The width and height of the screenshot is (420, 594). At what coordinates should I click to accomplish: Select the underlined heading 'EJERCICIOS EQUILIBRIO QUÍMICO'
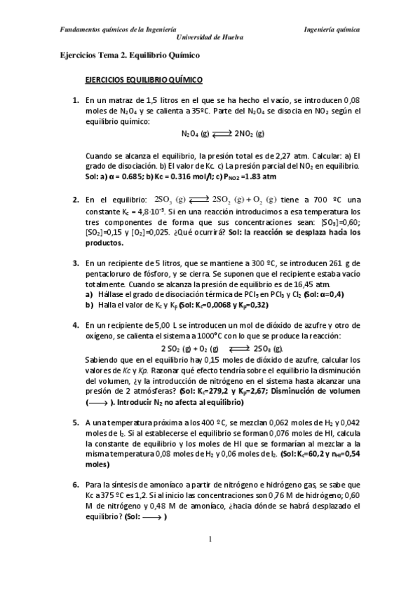144,81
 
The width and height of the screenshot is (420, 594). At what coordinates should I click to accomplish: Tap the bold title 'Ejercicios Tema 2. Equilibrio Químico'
130,55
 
